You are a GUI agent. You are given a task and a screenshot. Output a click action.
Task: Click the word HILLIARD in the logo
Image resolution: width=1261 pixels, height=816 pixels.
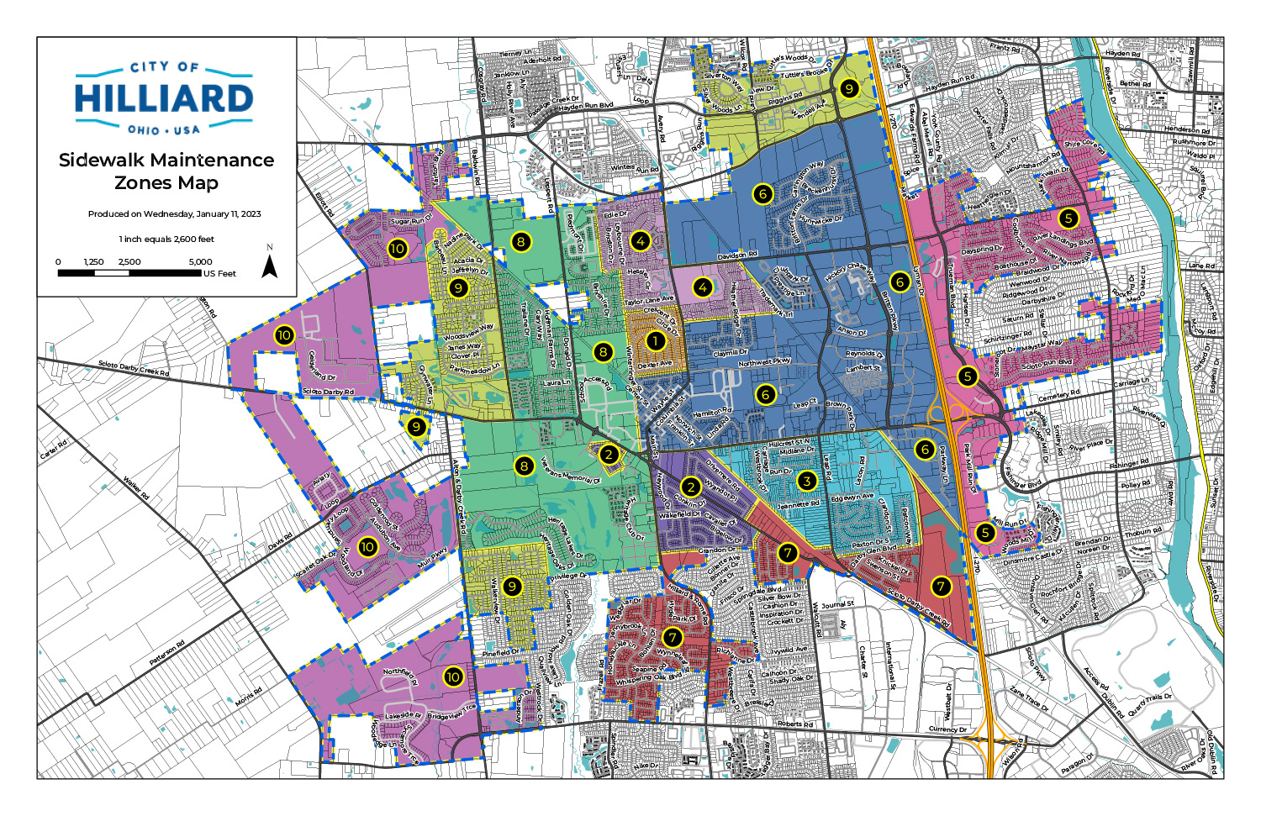[165, 99]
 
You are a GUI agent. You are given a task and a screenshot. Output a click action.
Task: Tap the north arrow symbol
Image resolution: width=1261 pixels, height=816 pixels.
[270, 266]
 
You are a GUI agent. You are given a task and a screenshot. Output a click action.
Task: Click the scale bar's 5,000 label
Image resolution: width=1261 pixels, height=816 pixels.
[200, 262]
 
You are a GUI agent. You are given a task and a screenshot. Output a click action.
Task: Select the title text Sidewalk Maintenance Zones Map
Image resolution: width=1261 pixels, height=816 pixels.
[166, 171]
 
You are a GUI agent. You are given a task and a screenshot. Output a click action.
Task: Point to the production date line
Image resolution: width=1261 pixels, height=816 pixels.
[175, 213]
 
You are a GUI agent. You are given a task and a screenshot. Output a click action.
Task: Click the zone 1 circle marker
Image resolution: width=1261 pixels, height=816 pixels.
[655, 341]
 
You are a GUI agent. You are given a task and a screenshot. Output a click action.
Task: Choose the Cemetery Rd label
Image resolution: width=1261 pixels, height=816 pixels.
[1058, 395]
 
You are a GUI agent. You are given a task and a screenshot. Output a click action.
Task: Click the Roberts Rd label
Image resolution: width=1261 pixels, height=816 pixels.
[794, 724]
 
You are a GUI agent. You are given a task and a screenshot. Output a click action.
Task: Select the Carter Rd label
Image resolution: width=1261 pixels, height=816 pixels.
[53, 450]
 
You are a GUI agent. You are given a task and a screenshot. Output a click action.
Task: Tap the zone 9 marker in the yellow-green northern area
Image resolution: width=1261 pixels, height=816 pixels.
[849, 88]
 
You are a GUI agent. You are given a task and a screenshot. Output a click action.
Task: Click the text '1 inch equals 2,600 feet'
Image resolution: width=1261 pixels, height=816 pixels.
[166, 239]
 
